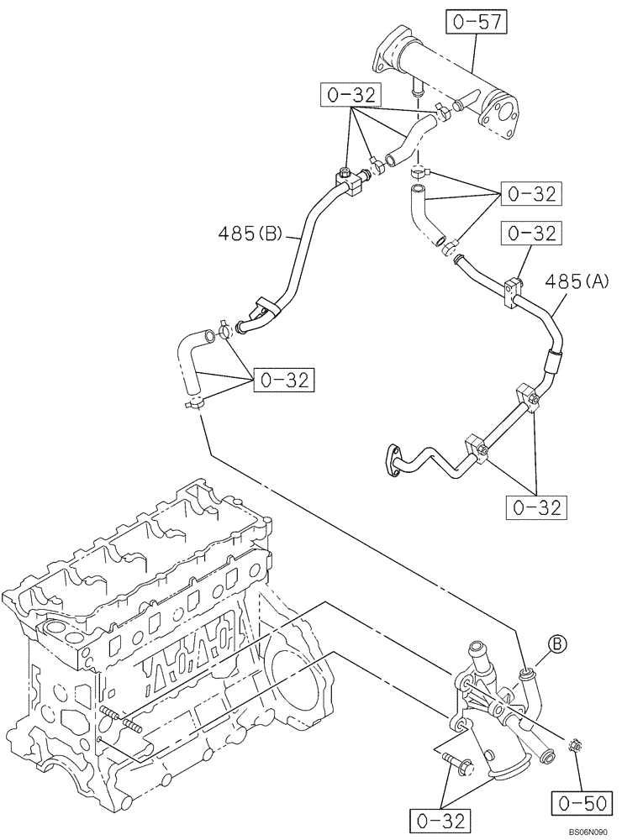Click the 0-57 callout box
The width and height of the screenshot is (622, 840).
[476, 23]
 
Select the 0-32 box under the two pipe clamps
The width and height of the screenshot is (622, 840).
[535, 507]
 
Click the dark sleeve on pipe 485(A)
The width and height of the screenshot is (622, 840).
[552, 361]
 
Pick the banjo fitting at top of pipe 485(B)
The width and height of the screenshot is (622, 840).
[345, 178]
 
